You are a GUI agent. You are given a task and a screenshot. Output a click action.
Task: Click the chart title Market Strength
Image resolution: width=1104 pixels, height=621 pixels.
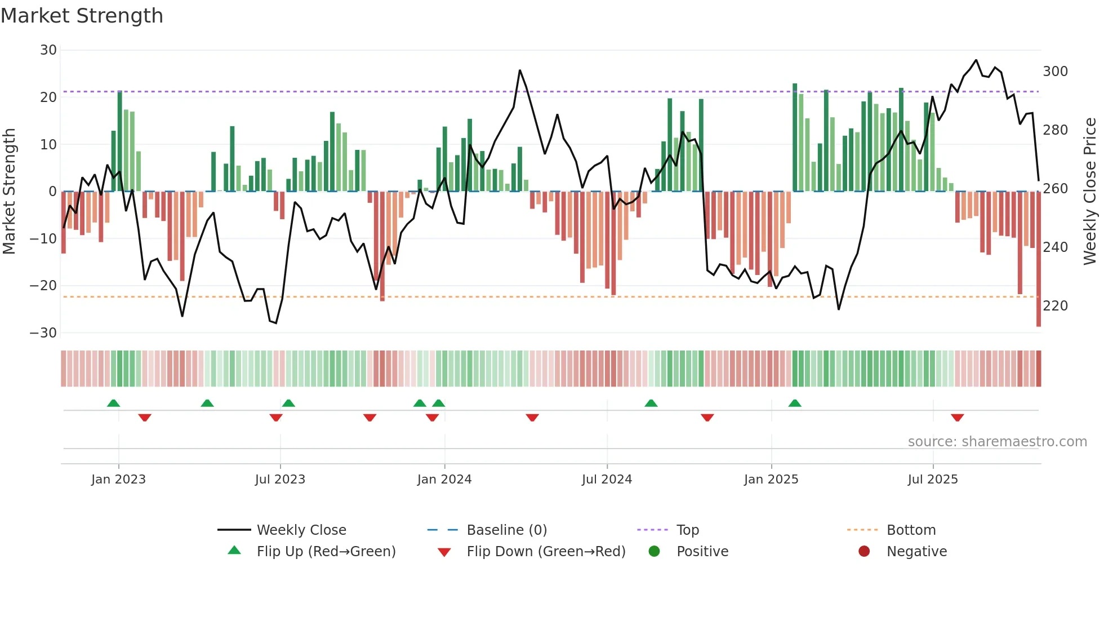(82, 16)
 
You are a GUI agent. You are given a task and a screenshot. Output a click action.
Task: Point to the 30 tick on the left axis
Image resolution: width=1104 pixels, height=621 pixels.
(48, 50)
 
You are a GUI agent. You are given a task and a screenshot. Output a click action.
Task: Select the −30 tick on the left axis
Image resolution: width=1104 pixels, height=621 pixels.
(43, 332)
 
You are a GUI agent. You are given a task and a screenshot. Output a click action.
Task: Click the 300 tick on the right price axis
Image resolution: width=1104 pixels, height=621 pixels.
(1055, 72)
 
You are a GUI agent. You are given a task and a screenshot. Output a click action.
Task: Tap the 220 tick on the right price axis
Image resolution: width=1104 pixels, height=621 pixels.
(1055, 306)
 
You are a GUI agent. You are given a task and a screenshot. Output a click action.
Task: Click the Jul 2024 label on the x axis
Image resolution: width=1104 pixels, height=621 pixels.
(607, 480)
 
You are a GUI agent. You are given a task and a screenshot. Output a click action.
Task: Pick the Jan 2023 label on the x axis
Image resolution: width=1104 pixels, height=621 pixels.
(118, 480)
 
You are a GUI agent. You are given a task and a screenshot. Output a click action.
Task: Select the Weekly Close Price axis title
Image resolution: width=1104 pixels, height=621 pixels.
(1090, 192)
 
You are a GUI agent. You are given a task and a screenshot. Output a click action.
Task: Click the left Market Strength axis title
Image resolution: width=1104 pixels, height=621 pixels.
(10, 192)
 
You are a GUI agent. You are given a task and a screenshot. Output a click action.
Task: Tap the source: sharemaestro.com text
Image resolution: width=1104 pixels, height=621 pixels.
(997, 442)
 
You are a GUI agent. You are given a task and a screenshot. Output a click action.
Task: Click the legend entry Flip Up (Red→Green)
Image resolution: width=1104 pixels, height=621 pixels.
(326, 551)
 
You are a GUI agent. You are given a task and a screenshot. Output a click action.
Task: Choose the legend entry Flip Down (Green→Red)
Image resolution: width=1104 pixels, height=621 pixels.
(545, 551)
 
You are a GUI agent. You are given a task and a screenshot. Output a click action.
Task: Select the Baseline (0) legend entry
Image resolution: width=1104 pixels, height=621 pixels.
(506, 530)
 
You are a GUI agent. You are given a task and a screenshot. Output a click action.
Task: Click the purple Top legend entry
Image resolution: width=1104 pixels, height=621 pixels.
(687, 530)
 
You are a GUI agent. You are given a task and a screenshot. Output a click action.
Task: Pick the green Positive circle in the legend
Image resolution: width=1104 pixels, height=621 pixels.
(654, 551)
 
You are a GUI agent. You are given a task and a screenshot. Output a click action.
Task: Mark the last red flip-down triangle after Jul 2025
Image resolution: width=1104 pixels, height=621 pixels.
(957, 418)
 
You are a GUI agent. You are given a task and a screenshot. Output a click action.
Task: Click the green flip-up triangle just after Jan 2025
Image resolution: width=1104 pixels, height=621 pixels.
(795, 403)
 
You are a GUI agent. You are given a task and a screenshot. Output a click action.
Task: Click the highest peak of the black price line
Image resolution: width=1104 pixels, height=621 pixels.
(976, 60)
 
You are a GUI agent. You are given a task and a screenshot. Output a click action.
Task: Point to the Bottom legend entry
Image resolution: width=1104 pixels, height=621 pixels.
(910, 530)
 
